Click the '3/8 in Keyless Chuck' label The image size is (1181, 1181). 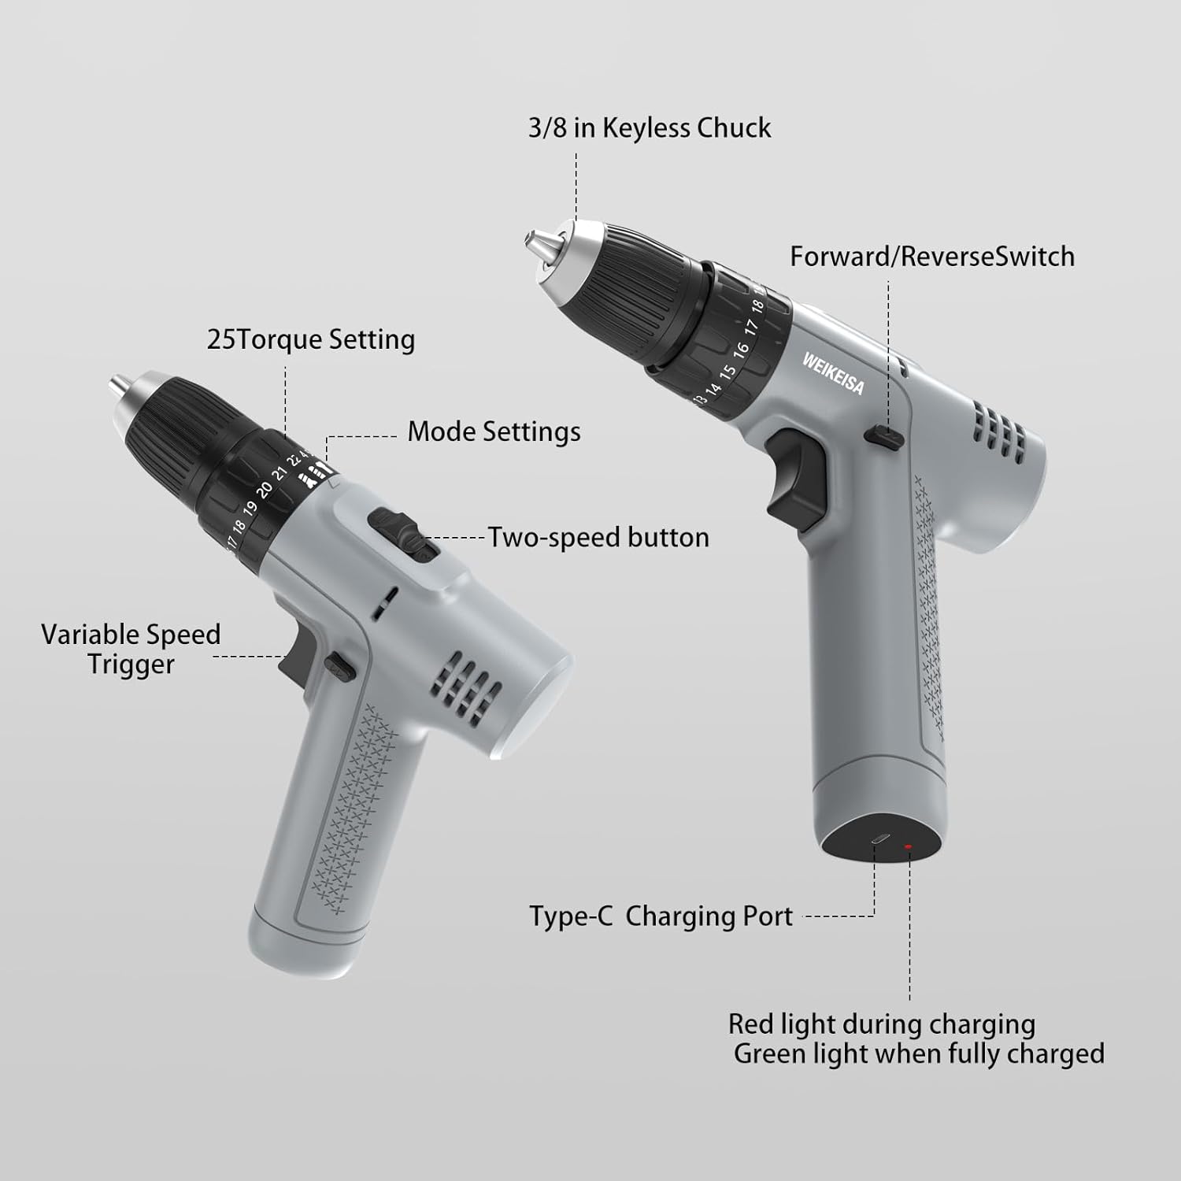(650, 128)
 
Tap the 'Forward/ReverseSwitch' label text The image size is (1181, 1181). (932, 257)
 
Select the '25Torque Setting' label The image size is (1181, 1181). (311, 339)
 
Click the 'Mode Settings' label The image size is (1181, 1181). (494, 431)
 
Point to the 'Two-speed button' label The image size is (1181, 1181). (598, 538)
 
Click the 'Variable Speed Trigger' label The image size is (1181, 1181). (131, 649)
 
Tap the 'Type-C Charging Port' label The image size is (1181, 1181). (661, 916)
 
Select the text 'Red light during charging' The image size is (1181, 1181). (881, 1024)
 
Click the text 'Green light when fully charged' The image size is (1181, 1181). (919, 1053)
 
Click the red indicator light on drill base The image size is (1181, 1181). (908, 847)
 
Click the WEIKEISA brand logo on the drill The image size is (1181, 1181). (833, 373)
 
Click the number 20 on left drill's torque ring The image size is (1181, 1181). (265, 489)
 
